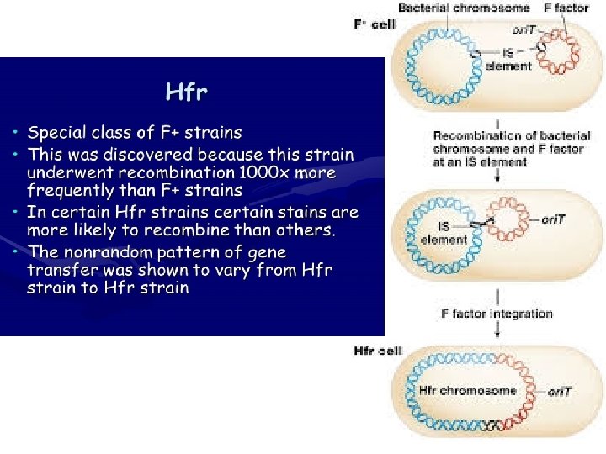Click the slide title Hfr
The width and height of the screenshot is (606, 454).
coord(186,91)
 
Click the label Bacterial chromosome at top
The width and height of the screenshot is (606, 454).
coord(464,8)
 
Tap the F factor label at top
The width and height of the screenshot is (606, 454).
coord(566,8)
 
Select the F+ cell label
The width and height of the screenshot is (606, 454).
coord(373,24)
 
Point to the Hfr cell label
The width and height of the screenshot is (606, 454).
coord(378,350)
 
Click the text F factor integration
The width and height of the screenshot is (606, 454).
coord(497,314)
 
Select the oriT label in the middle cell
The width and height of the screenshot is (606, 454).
coord(554,219)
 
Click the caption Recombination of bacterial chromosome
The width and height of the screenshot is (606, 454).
coord(512,141)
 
